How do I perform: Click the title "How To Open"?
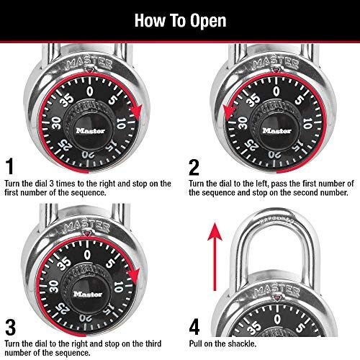(x=179, y=20)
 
